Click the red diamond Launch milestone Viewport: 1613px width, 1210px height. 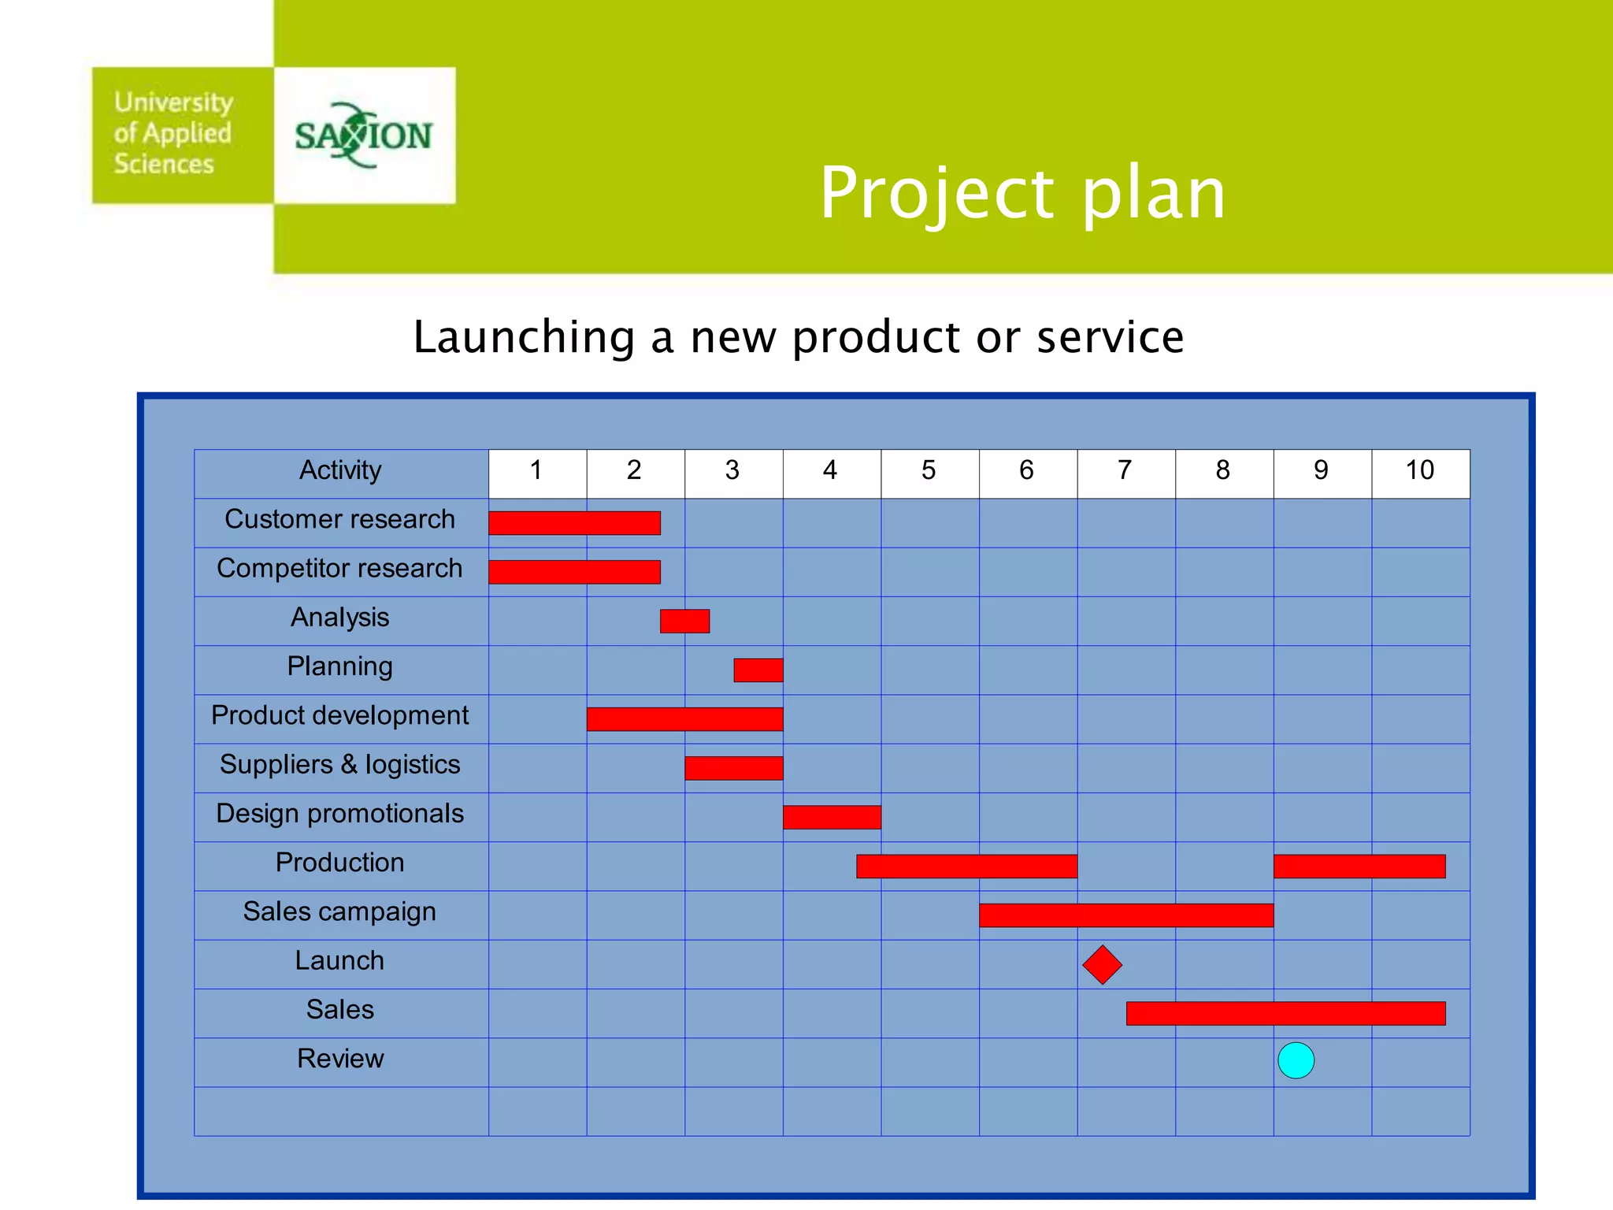[x=1102, y=964]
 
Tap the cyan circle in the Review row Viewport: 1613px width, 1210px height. [x=1296, y=1060]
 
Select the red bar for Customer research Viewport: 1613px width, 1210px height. [x=574, y=523]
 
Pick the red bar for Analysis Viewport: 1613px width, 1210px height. [x=684, y=621]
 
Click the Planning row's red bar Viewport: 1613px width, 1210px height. [x=758, y=670]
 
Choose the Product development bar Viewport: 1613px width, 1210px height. [x=684, y=718]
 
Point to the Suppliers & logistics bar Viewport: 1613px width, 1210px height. [x=733, y=768]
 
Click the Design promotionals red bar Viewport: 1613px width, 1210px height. [x=832, y=817]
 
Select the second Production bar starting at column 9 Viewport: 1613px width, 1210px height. [x=1359, y=866]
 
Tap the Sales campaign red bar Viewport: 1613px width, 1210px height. [x=1125, y=915]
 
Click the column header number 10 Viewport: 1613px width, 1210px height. [x=1419, y=470]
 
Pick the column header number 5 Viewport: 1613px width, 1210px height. [x=929, y=470]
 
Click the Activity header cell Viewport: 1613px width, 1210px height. [x=340, y=470]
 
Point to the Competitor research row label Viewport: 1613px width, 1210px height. [x=339, y=568]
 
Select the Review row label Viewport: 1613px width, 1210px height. [x=340, y=1058]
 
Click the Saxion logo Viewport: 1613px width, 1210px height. [x=364, y=135]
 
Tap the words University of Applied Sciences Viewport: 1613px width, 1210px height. [x=172, y=133]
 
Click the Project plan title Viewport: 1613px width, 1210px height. [x=1022, y=193]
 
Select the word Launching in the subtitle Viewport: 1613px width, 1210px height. [x=524, y=337]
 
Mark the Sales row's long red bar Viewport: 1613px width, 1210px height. [x=1285, y=1013]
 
